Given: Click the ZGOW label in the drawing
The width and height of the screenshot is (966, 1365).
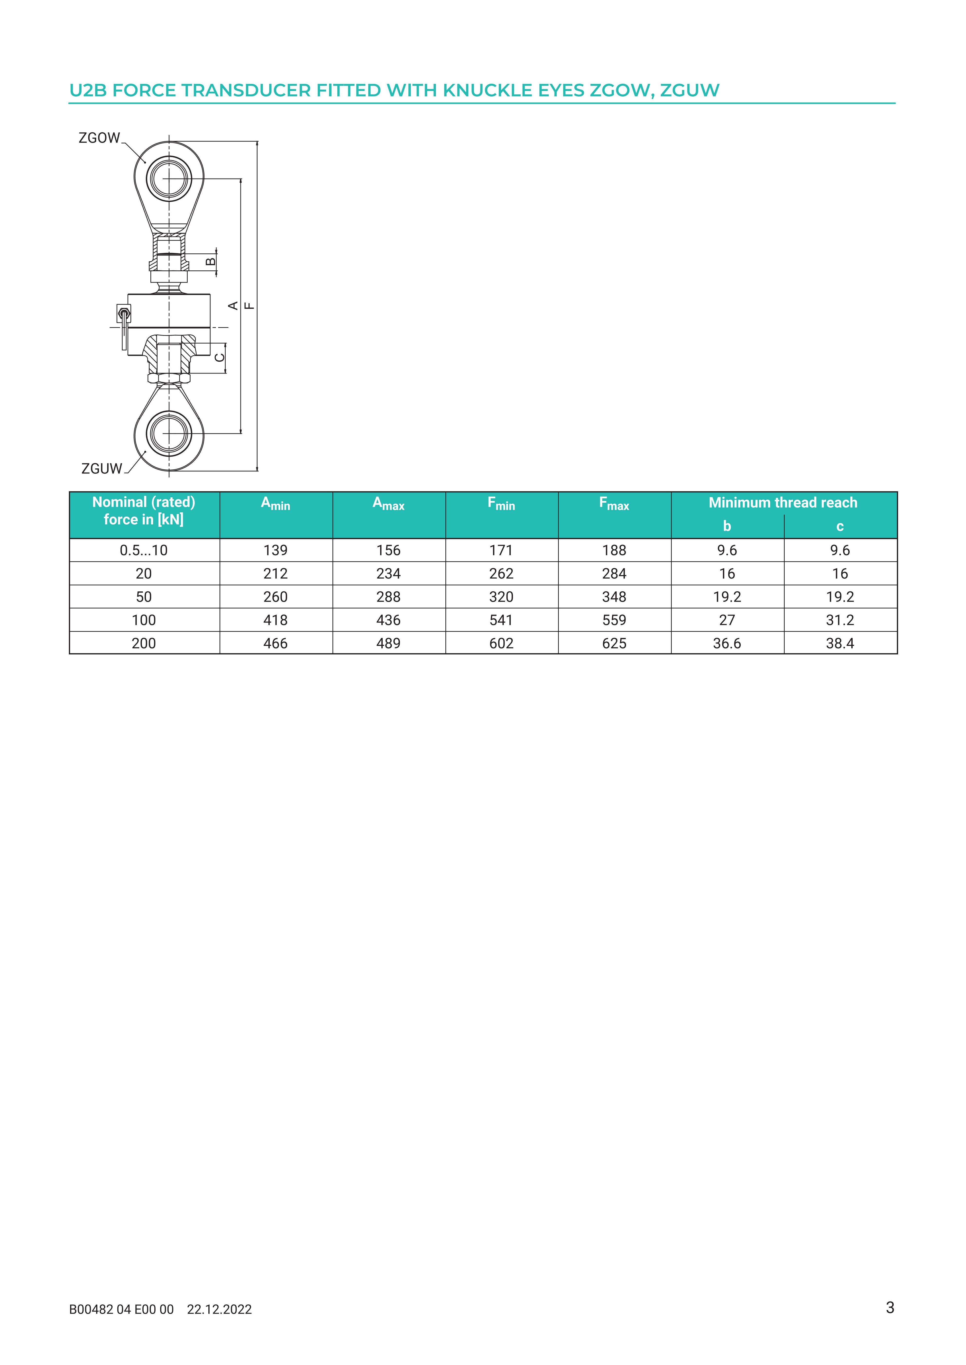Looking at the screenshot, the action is pos(99,138).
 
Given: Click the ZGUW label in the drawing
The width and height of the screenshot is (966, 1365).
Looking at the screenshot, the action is pos(102,469).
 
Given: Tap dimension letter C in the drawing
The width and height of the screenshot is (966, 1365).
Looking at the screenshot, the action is pos(220,357).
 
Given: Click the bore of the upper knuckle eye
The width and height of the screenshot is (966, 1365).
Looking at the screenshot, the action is pos(170,178).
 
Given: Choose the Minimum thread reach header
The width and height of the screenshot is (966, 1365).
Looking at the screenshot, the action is pos(783,503).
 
